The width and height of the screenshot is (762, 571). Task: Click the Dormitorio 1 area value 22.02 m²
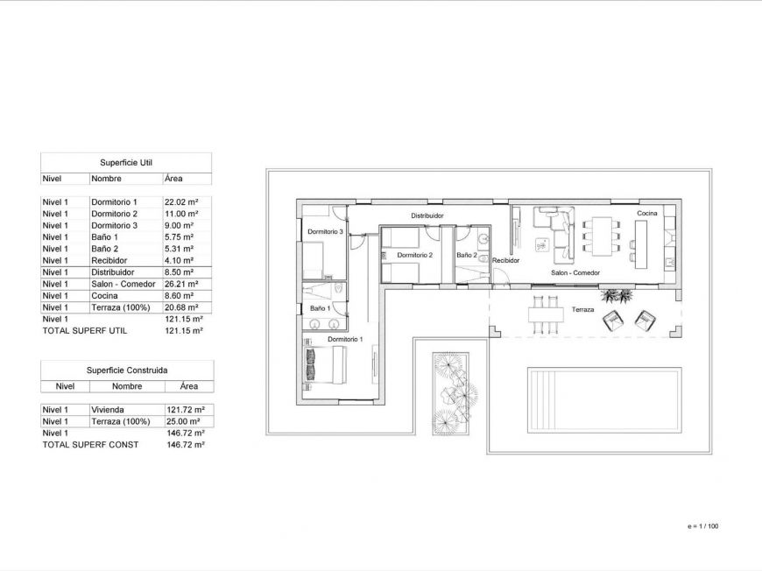(181, 202)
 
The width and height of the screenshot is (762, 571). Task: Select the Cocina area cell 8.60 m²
(180, 296)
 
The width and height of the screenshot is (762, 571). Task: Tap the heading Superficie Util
(125, 163)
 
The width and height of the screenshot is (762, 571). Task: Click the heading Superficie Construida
(127, 370)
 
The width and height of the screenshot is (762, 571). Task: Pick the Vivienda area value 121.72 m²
(184, 410)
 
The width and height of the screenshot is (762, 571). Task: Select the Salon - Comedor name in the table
(123, 284)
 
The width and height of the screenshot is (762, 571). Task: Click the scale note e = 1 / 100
(703, 526)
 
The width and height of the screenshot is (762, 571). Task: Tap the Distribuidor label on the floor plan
(427, 215)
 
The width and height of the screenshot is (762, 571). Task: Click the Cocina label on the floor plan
(646, 214)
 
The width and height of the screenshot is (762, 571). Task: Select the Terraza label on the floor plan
(583, 310)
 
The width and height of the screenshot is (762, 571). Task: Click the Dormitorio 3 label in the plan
(324, 232)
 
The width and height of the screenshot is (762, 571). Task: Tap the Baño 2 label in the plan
(466, 256)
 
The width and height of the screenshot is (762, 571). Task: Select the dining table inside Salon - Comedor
(601, 236)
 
